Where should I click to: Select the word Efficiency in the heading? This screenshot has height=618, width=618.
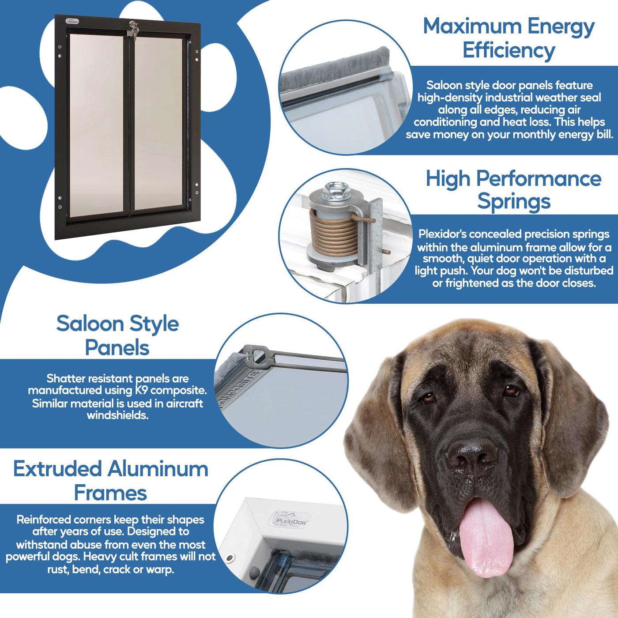[x=509, y=51]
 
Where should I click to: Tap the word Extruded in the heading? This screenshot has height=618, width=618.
[x=57, y=469]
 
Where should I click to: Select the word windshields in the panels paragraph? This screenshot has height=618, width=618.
[x=118, y=415]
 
